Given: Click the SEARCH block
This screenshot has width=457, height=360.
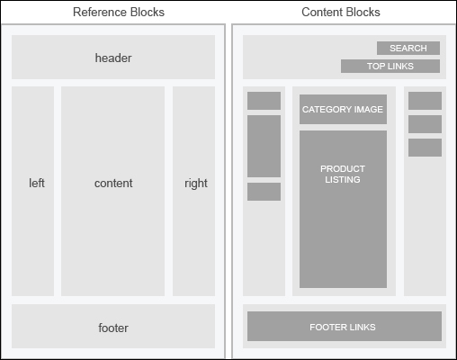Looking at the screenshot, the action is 408,48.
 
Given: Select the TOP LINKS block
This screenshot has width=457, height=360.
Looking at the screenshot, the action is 390,66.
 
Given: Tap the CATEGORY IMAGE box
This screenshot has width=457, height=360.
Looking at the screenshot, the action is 343,109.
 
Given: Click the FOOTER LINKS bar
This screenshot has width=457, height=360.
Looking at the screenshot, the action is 345,326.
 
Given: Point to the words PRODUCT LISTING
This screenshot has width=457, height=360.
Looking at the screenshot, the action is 343,174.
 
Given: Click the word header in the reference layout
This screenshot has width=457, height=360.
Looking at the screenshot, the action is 113,58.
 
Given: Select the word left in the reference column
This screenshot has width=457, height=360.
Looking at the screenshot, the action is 37,183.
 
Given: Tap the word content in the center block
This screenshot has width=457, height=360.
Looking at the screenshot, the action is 113,183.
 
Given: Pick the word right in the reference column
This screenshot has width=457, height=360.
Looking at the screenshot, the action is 196,184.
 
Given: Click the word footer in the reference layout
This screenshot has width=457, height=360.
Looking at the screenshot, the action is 113,328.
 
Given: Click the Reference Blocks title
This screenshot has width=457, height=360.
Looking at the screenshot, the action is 119,12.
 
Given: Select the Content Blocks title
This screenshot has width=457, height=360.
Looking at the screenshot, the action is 341,12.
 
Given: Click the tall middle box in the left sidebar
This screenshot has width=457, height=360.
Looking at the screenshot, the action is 264,146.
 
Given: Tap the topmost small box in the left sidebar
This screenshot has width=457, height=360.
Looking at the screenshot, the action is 264,101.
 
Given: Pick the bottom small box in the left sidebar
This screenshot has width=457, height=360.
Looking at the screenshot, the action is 264,192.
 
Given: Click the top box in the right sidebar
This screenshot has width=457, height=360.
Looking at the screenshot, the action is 425,101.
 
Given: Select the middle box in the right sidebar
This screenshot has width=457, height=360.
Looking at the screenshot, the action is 425,124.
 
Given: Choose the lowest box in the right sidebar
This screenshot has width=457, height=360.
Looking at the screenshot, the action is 425,148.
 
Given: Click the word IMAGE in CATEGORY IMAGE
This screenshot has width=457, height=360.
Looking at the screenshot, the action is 369,109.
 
